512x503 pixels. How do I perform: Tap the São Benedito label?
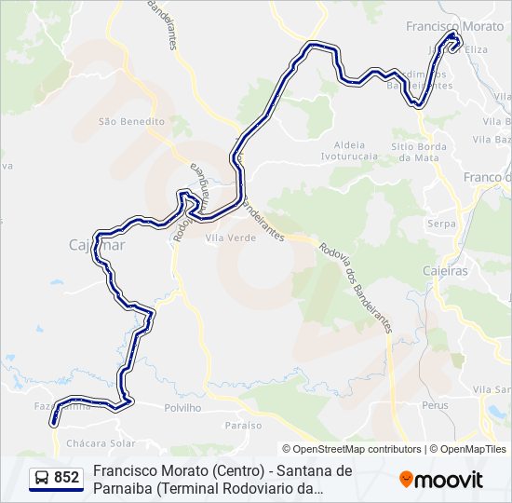131,121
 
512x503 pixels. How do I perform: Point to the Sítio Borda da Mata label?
415,152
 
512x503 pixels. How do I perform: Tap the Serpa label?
440,224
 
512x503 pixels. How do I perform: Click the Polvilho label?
182,408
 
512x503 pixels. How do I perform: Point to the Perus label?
435,405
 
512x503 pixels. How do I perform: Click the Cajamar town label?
90,246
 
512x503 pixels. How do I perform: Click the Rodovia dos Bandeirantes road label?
357,288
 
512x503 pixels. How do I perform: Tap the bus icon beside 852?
43,478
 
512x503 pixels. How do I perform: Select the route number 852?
67,478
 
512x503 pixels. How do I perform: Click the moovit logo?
441,480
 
